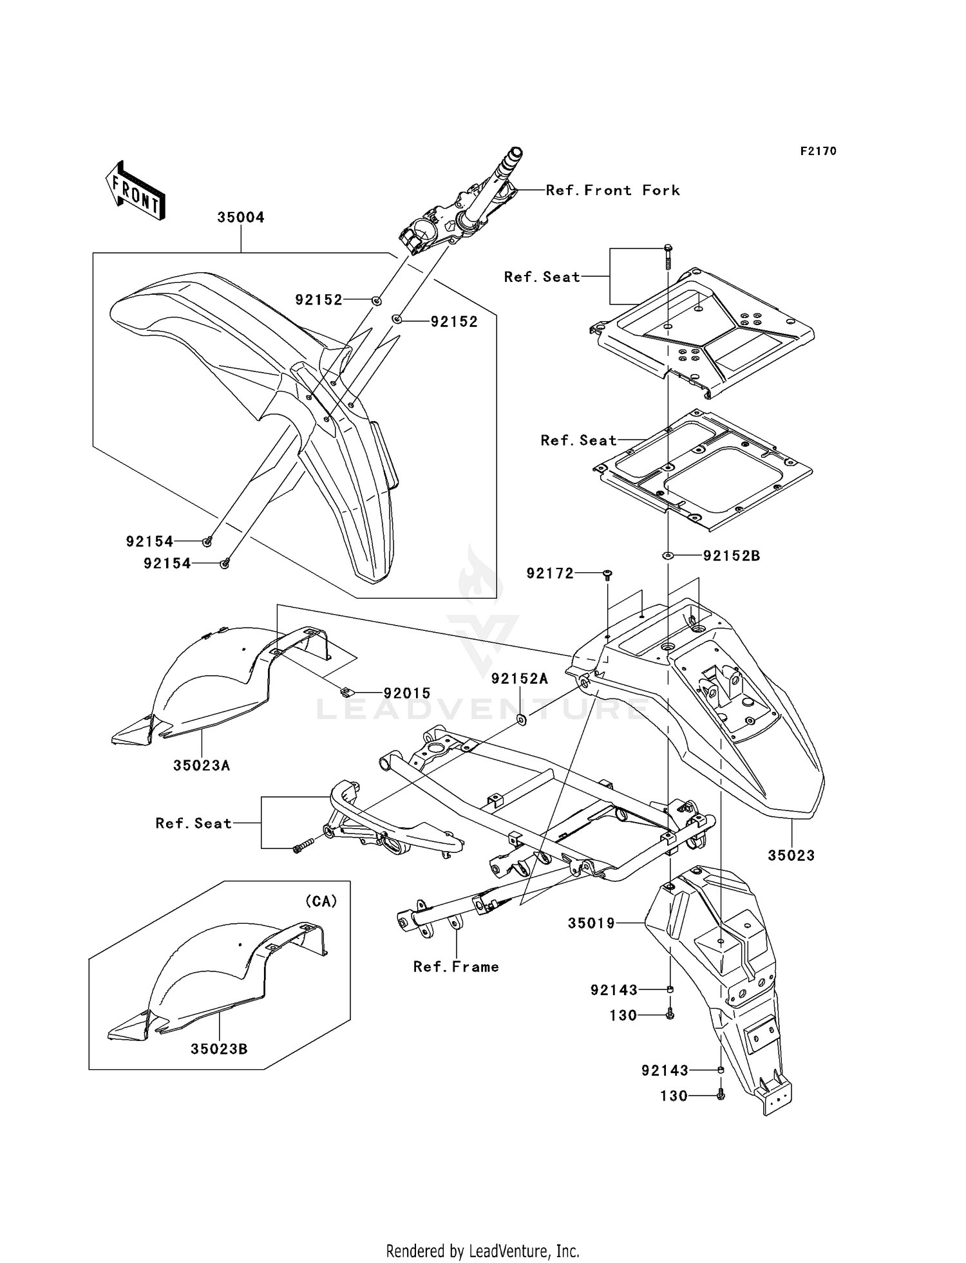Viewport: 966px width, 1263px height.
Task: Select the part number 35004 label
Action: coord(240,218)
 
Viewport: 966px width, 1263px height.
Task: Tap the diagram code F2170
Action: coord(818,151)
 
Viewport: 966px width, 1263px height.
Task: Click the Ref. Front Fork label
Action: coord(612,191)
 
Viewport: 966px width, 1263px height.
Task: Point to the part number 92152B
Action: coord(731,556)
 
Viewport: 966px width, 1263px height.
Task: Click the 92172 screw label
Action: coord(549,573)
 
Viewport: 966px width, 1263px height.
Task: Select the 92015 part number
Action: coord(407,693)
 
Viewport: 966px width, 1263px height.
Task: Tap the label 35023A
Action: coord(202,765)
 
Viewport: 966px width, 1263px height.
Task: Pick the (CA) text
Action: coord(321,901)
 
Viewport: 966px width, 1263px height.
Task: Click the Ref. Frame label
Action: coord(456,967)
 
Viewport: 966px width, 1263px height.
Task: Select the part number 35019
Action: coord(591,923)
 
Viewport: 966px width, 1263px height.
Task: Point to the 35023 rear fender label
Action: coord(791,856)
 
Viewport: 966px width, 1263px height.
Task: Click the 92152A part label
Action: coord(519,678)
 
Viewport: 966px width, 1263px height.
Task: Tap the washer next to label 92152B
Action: coord(668,555)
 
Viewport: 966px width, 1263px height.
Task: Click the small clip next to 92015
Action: coord(346,692)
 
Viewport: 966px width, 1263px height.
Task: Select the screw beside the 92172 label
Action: coord(607,574)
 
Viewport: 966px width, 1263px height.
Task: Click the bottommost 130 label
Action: coord(674,1096)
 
